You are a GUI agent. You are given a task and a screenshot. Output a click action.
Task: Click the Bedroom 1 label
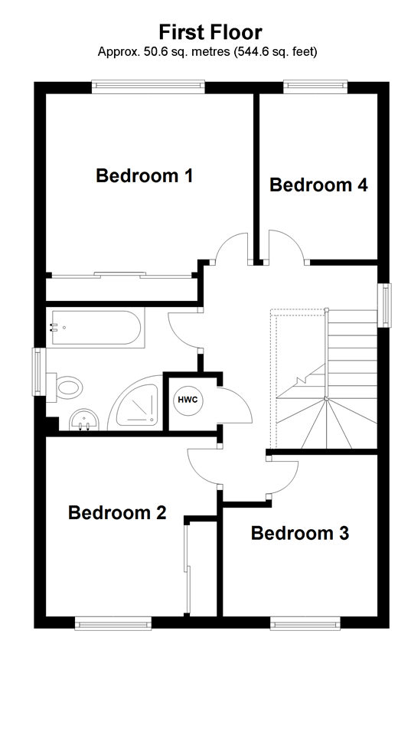[x=144, y=176]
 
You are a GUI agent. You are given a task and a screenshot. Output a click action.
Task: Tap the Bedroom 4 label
[x=318, y=185]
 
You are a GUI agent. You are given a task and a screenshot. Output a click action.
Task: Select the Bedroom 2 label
[x=117, y=513]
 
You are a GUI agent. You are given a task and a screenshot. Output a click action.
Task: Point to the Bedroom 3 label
[x=300, y=533]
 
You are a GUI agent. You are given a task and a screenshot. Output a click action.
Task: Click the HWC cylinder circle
[x=187, y=400]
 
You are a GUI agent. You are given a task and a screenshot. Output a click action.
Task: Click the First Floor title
[x=210, y=31]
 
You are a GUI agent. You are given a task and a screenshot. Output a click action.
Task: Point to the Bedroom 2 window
[x=113, y=624]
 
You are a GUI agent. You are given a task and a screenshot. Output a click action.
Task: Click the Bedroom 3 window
[x=304, y=624]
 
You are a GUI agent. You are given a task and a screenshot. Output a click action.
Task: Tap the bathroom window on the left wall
[x=38, y=372]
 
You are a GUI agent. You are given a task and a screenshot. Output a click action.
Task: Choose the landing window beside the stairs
[x=386, y=306]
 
